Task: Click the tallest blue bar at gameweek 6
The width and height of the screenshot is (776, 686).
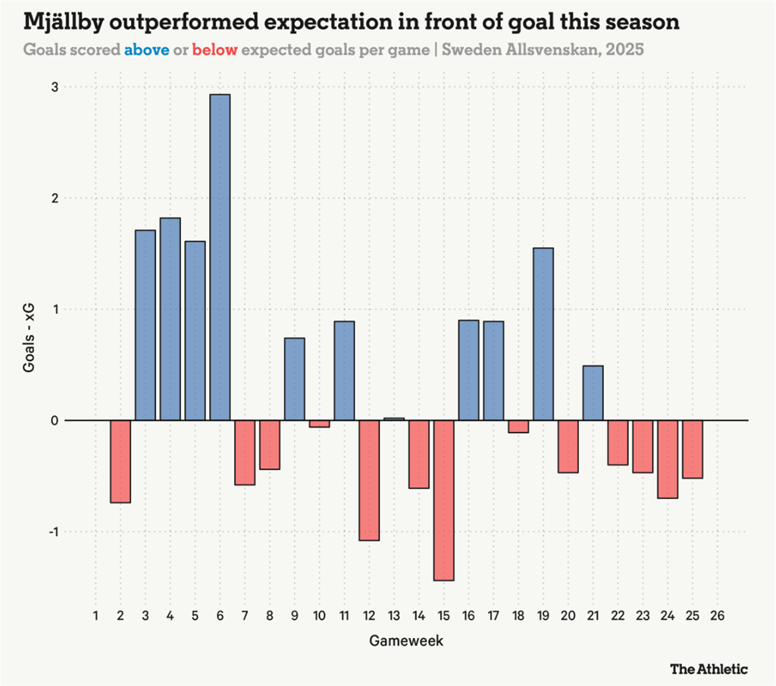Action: tap(220, 257)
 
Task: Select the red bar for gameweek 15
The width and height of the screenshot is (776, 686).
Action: tap(444, 500)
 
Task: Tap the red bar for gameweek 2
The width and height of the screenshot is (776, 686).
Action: tap(120, 462)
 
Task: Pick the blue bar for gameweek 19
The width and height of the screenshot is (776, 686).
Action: tap(543, 334)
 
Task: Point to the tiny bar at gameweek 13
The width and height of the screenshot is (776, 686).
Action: tap(394, 418)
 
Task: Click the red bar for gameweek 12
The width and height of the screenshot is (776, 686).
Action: tap(369, 481)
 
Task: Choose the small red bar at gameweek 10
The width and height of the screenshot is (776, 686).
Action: tap(319, 424)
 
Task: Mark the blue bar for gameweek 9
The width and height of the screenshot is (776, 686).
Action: tap(295, 379)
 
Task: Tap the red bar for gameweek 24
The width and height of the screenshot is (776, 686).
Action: tap(668, 459)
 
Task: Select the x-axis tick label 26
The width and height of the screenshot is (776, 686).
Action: tap(717, 615)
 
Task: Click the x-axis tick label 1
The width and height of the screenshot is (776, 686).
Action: tap(95, 615)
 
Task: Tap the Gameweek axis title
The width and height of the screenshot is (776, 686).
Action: tap(406, 641)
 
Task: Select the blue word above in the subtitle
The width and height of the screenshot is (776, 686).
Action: tap(146, 51)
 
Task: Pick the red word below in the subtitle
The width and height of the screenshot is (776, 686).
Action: tap(215, 51)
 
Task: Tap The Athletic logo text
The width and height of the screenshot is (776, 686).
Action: tap(709, 669)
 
